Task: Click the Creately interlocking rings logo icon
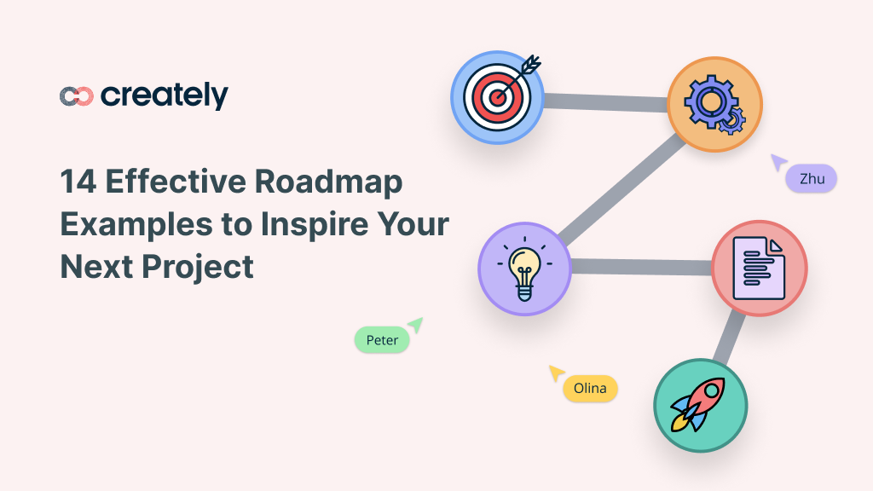76,96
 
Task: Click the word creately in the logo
165,95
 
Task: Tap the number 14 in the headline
77,182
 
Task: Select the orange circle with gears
714,105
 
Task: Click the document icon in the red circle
759,269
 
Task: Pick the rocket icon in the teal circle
700,404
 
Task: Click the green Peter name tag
382,340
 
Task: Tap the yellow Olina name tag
590,388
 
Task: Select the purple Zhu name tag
812,178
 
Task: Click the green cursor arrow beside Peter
415,324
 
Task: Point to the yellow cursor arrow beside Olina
557,373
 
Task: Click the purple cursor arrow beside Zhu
778,162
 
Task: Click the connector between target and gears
605,101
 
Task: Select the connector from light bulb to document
641,267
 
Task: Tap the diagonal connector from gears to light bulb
621,187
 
